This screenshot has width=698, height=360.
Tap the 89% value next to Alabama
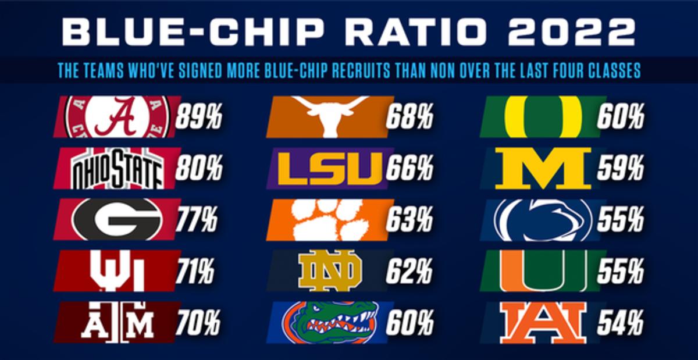pyautogui.click(x=199, y=117)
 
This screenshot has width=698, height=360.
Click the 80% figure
pyautogui.click(x=199, y=169)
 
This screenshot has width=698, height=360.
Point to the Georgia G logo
pyautogui.click(x=117, y=219)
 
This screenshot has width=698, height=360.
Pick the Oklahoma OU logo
pyautogui.click(x=117, y=270)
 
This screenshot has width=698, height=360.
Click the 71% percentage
pyautogui.click(x=195, y=270)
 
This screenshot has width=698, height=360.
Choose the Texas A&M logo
pyautogui.click(x=117, y=322)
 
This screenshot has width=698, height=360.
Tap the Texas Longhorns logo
pyautogui.click(x=330, y=116)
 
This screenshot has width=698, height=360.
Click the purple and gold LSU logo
pyautogui.click(x=330, y=168)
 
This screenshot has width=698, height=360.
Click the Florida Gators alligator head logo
pyautogui.click(x=330, y=322)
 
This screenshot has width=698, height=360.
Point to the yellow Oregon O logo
pyautogui.click(x=543, y=116)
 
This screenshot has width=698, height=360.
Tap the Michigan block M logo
pyautogui.click(x=543, y=168)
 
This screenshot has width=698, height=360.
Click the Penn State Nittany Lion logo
pyautogui.click(x=543, y=220)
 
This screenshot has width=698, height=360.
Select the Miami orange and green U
pyautogui.click(x=543, y=270)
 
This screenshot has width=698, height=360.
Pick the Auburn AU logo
pyautogui.click(x=543, y=322)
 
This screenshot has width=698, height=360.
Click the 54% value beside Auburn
pyautogui.click(x=621, y=322)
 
